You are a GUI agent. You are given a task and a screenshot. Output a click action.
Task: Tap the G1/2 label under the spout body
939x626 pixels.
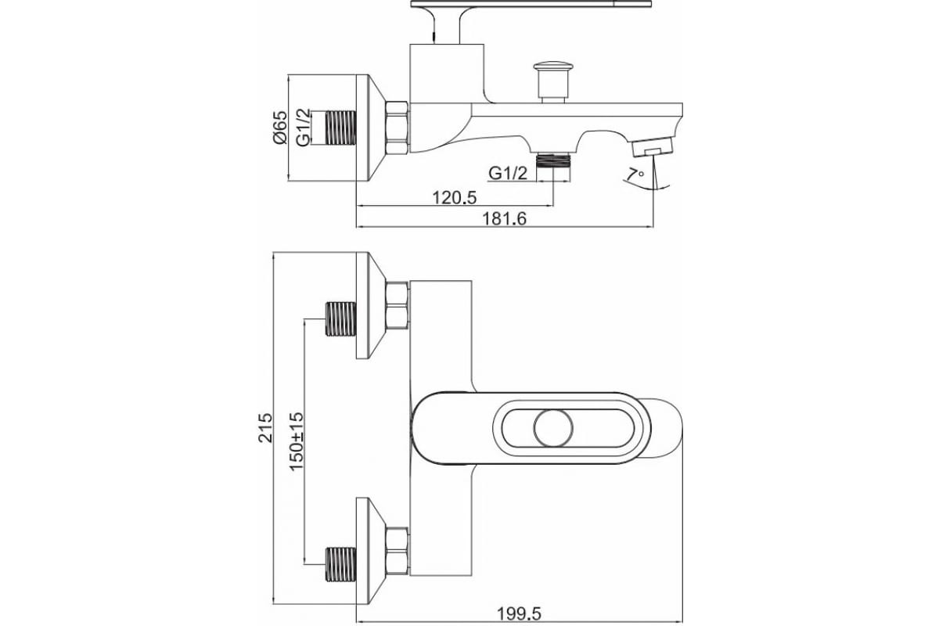[508, 173]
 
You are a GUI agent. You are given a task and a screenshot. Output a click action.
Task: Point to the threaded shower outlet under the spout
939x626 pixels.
[555, 160]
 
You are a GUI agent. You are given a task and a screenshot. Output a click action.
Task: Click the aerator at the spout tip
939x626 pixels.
[653, 149]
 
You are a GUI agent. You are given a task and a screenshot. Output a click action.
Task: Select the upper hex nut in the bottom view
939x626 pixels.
[398, 304]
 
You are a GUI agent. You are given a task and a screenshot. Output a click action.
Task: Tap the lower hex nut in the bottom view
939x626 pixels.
[398, 552]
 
